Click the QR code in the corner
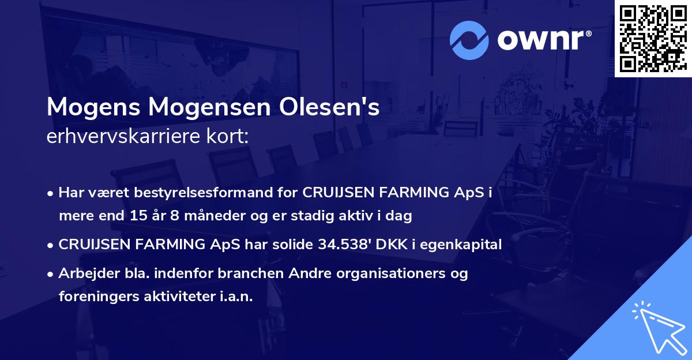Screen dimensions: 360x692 coord(653,37)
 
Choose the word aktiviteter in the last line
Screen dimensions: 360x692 coord(175,297)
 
